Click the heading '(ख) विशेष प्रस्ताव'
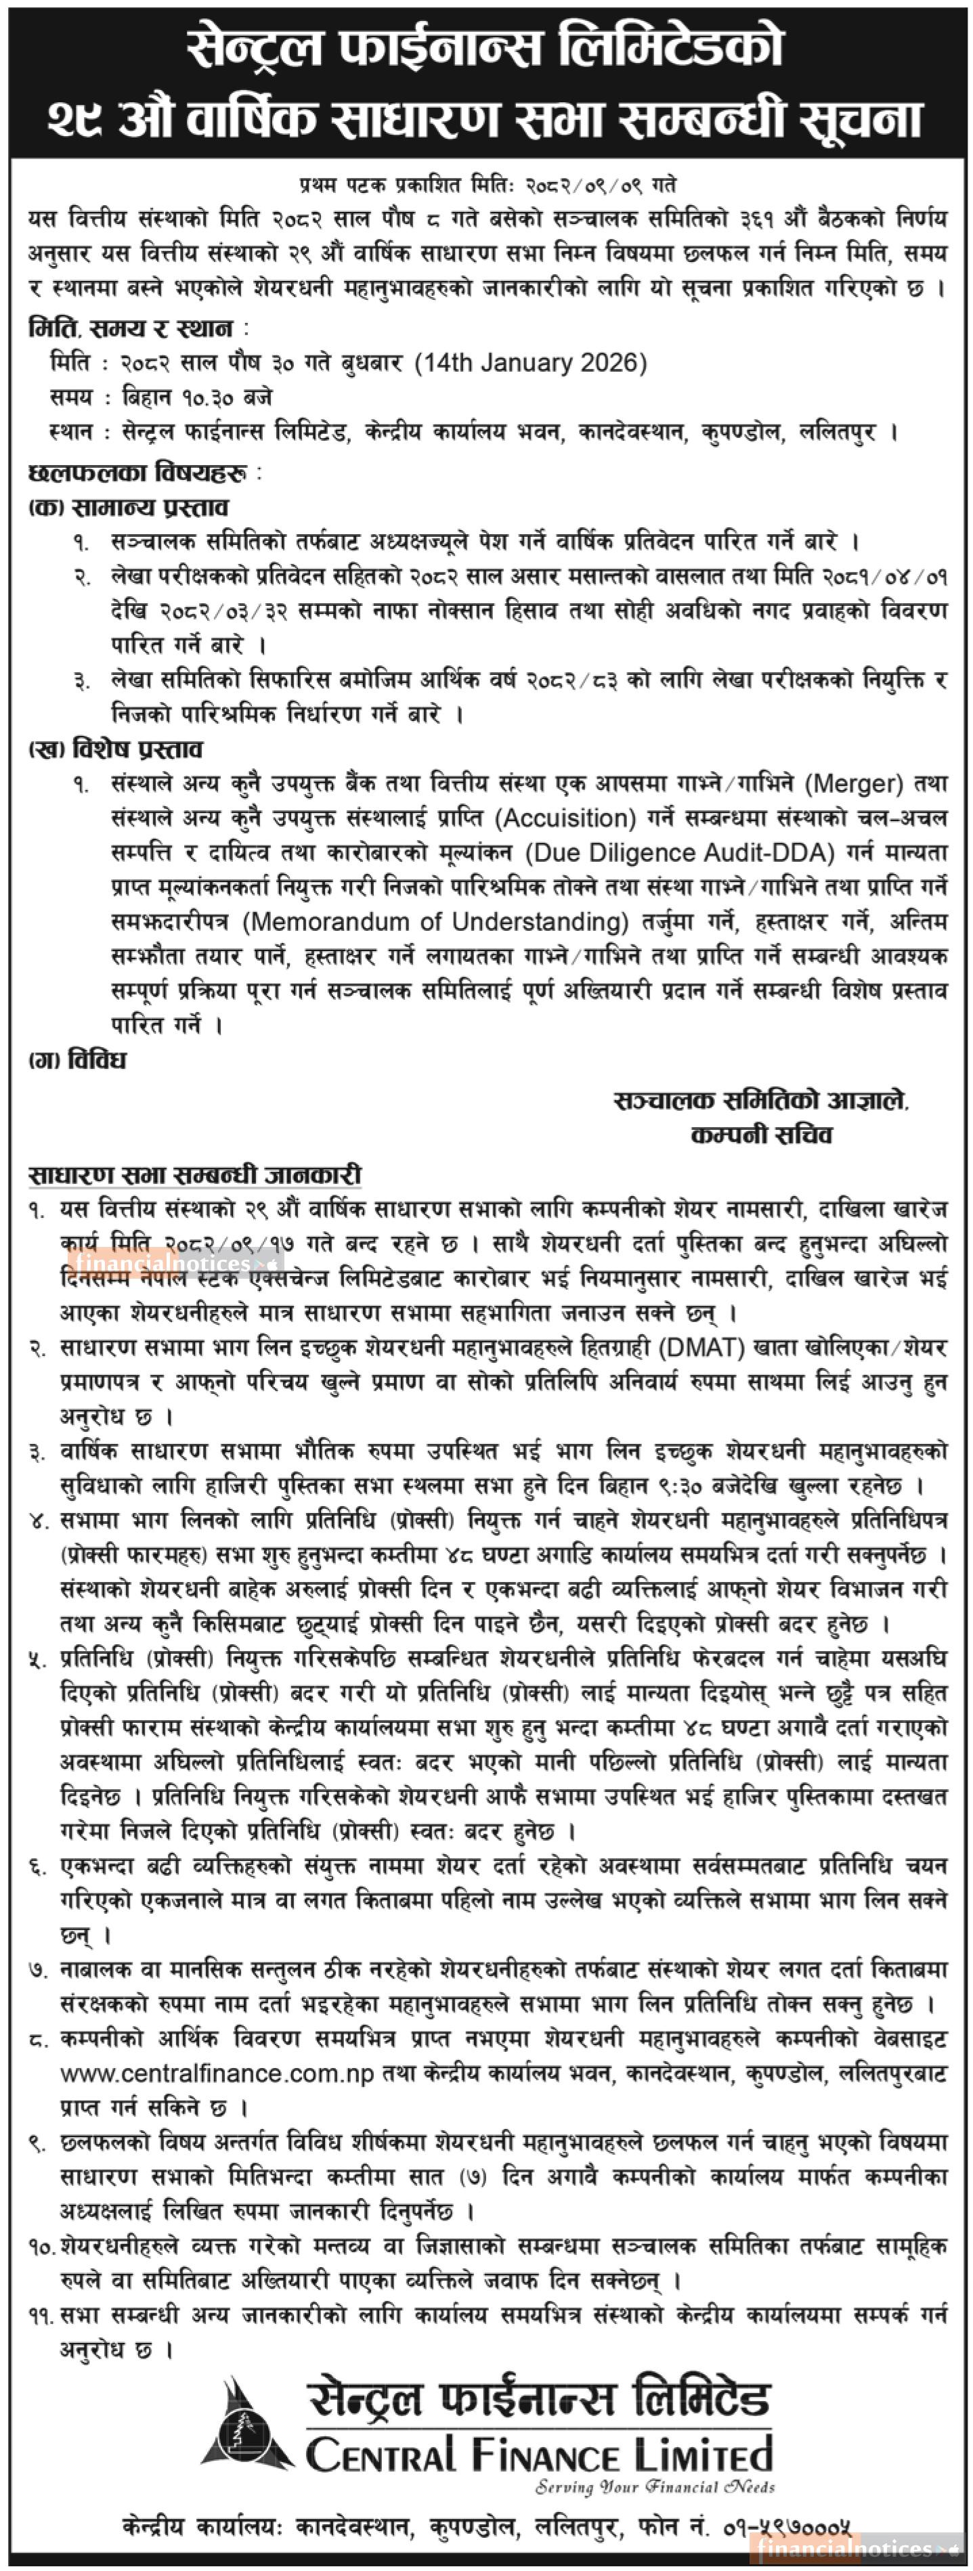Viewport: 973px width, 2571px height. [116, 749]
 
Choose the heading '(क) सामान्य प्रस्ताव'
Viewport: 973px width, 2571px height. [128, 508]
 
